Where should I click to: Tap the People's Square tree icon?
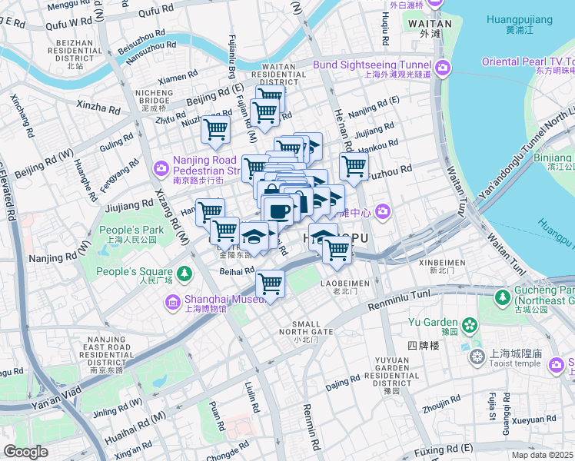point(184,273)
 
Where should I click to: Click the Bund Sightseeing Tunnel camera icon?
point(443,69)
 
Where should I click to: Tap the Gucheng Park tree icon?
point(504,296)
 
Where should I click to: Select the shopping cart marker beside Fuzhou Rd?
point(354,165)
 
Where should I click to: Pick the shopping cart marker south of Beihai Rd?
point(270,284)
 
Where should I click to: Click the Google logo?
point(25,452)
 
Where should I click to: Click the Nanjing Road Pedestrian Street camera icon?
point(161,167)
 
